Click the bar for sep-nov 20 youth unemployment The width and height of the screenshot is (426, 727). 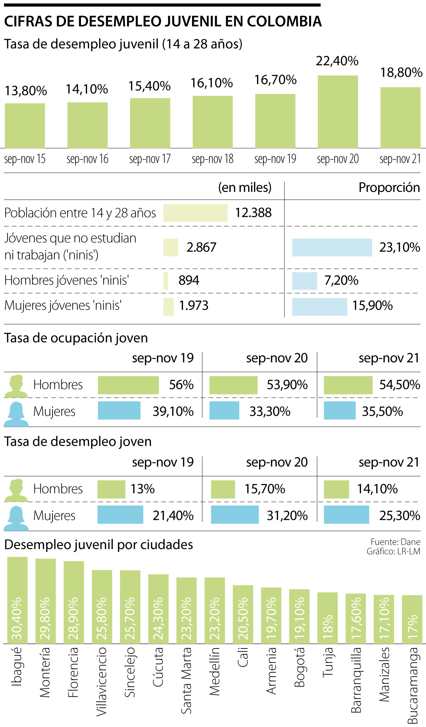point(338,112)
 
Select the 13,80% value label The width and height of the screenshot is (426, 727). point(26,91)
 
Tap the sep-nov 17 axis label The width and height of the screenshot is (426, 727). point(150,159)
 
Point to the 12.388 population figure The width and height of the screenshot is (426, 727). point(253,213)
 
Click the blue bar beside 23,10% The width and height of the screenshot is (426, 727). point(332,247)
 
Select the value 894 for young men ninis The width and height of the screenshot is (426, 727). point(189,280)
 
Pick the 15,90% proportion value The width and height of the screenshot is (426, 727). point(372,306)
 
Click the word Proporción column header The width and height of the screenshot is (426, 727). point(389,187)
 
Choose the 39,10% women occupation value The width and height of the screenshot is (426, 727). point(173,411)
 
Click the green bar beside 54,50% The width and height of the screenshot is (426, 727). point(348,385)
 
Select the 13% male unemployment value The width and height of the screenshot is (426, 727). point(142,489)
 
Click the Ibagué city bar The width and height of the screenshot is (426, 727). point(17,600)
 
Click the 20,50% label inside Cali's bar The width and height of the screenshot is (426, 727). point(243,618)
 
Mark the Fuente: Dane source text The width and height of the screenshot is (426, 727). point(395,542)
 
